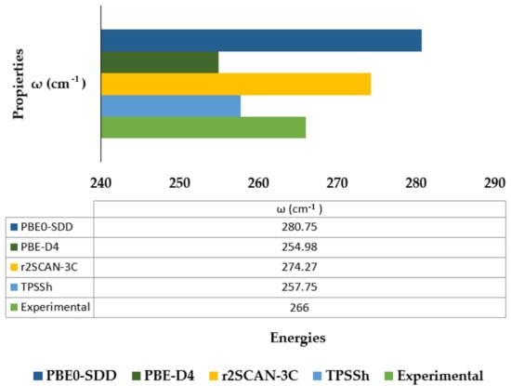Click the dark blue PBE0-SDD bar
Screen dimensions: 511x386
coord(261,40)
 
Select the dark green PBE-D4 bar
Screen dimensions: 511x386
coord(160,62)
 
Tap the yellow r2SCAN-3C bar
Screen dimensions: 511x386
coord(236,85)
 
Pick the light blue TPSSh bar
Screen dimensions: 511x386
coord(171,106)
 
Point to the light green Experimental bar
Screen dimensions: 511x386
coord(203,127)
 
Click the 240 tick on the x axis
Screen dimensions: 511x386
coord(100,183)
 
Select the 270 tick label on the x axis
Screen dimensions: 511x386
coord(337,183)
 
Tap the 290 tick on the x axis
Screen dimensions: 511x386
coord(494,183)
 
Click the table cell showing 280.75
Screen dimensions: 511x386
coord(299,227)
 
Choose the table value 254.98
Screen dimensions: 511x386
coord(299,247)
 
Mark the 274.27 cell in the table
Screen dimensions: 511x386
coord(299,267)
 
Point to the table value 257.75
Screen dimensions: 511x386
coord(299,287)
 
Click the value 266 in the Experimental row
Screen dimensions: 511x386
coord(299,307)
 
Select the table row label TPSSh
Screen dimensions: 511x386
coord(36,287)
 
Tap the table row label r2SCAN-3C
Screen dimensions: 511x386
coord(49,267)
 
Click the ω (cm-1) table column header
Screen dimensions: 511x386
coord(299,209)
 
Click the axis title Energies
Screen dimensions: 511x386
coord(298,338)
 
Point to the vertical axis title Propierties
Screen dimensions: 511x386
coord(19,84)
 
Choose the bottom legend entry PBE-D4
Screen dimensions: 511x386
coord(169,376)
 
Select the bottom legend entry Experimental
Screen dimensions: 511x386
coord(440,376)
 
